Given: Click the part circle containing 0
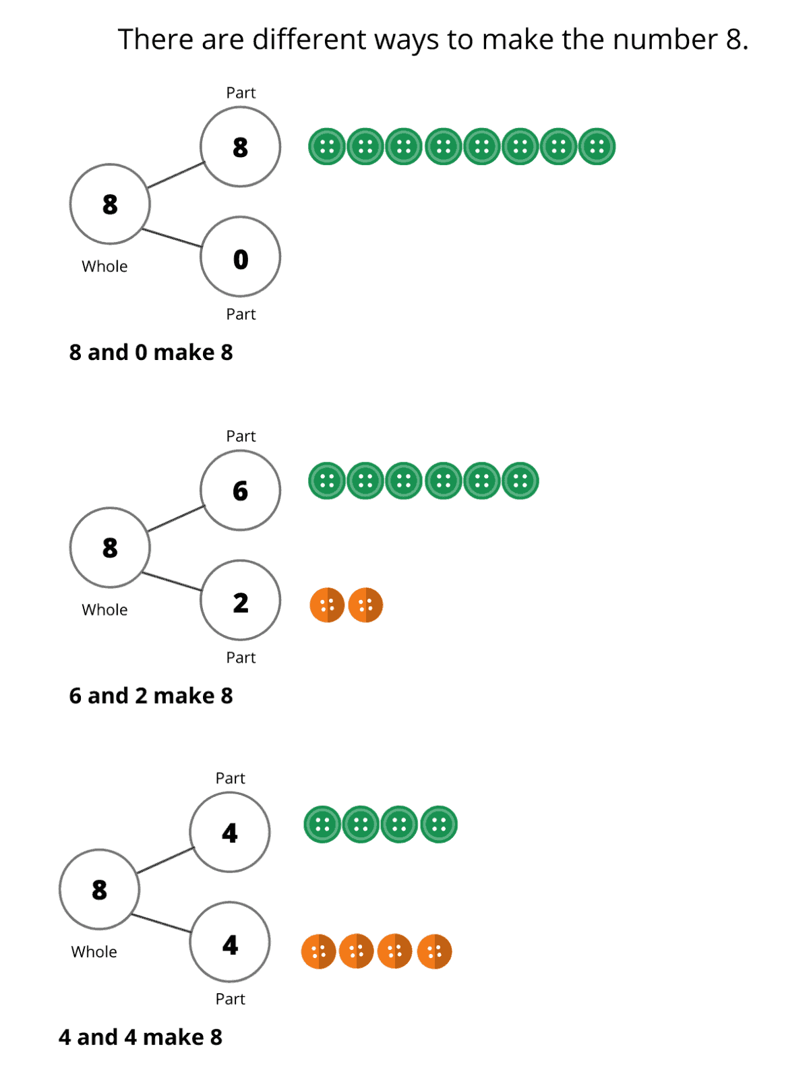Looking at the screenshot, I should click(x=240, y=258).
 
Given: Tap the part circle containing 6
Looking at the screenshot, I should click(x=240, y=490).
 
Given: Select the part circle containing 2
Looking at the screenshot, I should click(x=240, y=601).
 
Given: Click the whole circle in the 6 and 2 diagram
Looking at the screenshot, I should click(x=110, y=547).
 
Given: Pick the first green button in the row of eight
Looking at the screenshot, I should click(x=327, y=146).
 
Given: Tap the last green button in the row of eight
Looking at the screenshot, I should click(x=597, y=146).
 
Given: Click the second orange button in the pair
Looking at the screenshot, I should click(x=365, y=605).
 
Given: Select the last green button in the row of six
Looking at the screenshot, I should click(x=520, y=481).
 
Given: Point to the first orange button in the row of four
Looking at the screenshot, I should click(x=318, y=951).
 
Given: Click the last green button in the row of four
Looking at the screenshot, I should click(x=439, y=824).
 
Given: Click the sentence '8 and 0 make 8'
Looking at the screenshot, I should click(x=151, y=352).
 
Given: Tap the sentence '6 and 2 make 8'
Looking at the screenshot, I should click(x=151, y=695).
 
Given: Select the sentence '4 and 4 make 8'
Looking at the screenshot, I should click(x=140, y=1037).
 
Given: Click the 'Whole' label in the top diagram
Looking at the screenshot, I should click(x=104, y=266).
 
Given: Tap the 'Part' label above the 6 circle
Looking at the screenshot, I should click(x=241, y=436).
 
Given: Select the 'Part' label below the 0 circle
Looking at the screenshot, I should click(x=241, y=314).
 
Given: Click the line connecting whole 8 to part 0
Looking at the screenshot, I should click(x=173, y=238).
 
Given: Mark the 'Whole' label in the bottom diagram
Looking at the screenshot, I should click(x=94, y=952).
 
